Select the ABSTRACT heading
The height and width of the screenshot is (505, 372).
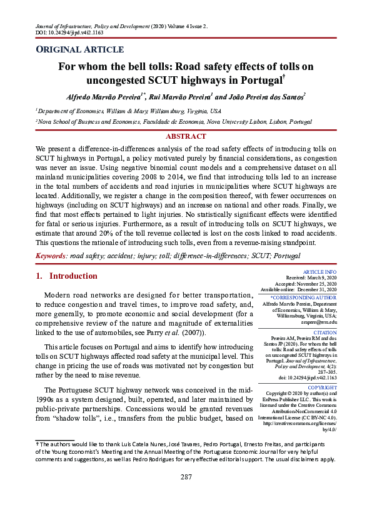tap(186, 136)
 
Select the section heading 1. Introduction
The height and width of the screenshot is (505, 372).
tap(66, 276)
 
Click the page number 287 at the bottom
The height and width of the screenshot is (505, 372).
tap(186, 494)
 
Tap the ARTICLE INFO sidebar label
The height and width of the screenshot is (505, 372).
tap(319, 272)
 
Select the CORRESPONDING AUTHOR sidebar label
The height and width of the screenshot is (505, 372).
tap(305, 297)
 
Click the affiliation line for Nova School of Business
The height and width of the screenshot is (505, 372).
tap(174, 123)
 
